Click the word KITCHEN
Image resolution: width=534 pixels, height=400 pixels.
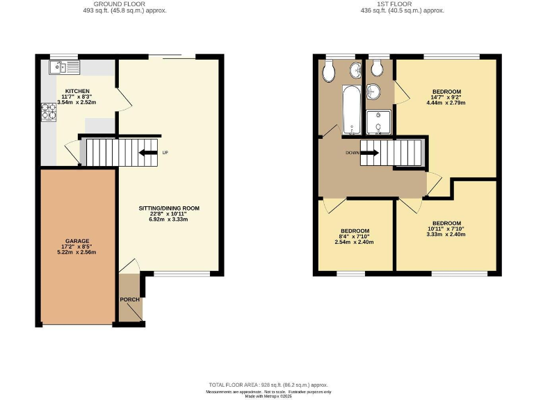(x=77, y=91)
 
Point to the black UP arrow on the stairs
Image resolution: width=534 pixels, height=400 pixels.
(x=147, y=153)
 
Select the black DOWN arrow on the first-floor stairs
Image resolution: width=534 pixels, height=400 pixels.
(x=369, y=153)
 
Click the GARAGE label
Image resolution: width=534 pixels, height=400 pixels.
(x=78, y=241)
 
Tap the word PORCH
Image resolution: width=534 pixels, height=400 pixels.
(x=130, y=300)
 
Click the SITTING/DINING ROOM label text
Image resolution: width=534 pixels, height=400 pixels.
(x=170, y=208)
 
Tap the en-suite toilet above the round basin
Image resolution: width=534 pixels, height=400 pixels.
(x=378, y=68)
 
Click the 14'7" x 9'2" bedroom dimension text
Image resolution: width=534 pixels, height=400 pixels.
(x=447, y=98)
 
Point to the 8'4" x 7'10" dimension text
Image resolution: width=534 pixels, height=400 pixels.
(x=355, y=236)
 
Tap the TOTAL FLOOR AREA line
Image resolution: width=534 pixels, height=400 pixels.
(x=268, y=384)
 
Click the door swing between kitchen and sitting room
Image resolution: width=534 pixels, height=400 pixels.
(x=124, y=99)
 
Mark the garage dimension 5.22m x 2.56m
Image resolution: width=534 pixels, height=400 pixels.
(x=77, y=252)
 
